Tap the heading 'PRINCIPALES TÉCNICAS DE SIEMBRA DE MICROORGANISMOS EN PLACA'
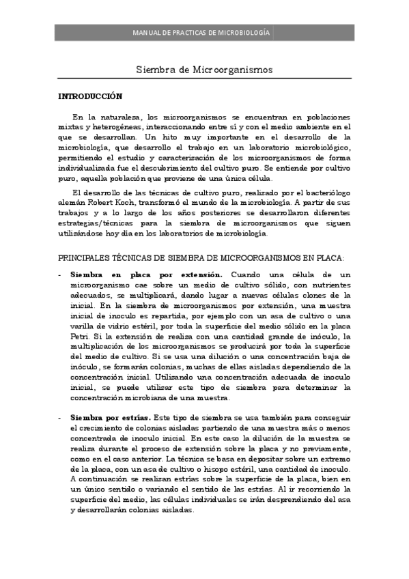pyautogui.click(x=200, y=257)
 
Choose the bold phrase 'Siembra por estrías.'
pyautogui.click(x=110, y=416)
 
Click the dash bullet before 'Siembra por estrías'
pyautogui.click(x=59, y=416)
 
